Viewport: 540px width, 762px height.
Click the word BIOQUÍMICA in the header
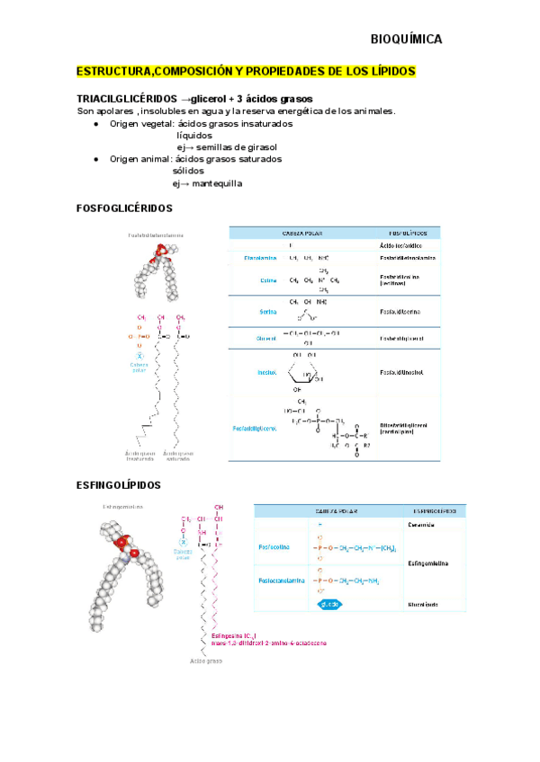(x=406, y=40)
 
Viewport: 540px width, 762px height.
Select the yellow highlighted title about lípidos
(x=246, y=71)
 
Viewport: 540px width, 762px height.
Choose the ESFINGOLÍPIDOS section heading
(x=119, y=485)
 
